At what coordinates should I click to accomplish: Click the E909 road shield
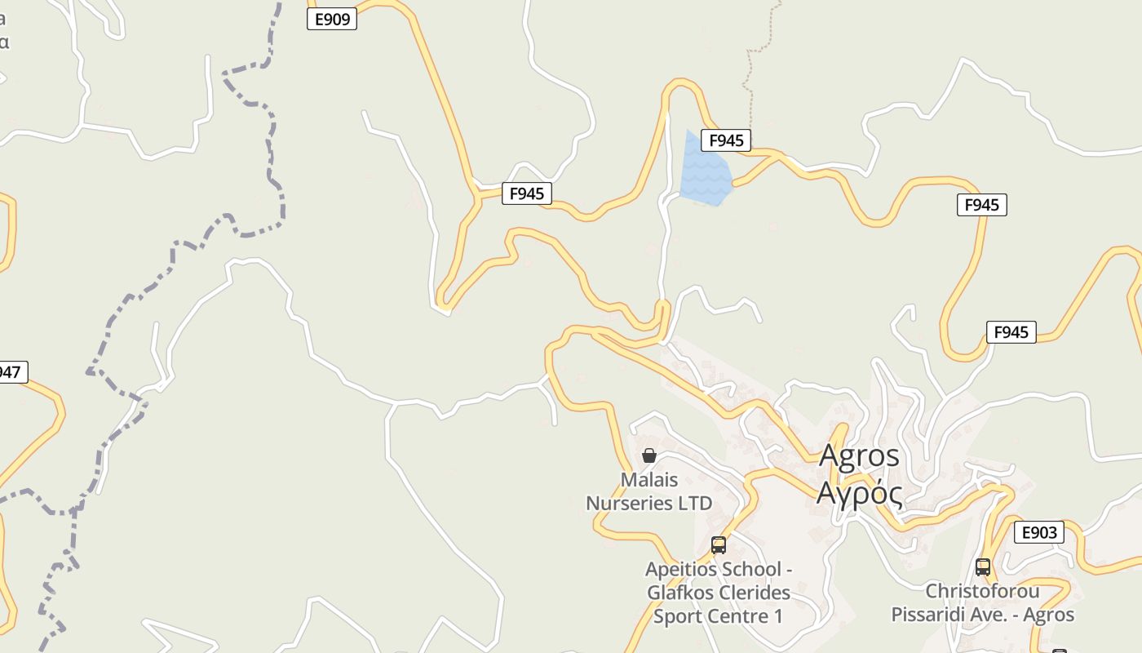coord(332,19)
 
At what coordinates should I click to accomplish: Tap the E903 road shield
coord(1038,533)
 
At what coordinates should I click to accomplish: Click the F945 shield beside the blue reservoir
coord(725,140)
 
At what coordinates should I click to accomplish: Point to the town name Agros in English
coord(859,455)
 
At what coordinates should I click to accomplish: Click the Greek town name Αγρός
coord(859,493)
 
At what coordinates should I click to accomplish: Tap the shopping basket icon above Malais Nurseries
coord(649,455)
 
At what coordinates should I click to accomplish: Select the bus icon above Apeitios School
coord(719,544)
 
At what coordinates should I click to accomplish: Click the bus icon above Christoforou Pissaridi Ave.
coord(983,566)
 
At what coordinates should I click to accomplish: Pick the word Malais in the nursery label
coord(649,480)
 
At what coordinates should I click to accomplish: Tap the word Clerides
coord(754,592)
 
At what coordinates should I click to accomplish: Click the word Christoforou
coord(982,591)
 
